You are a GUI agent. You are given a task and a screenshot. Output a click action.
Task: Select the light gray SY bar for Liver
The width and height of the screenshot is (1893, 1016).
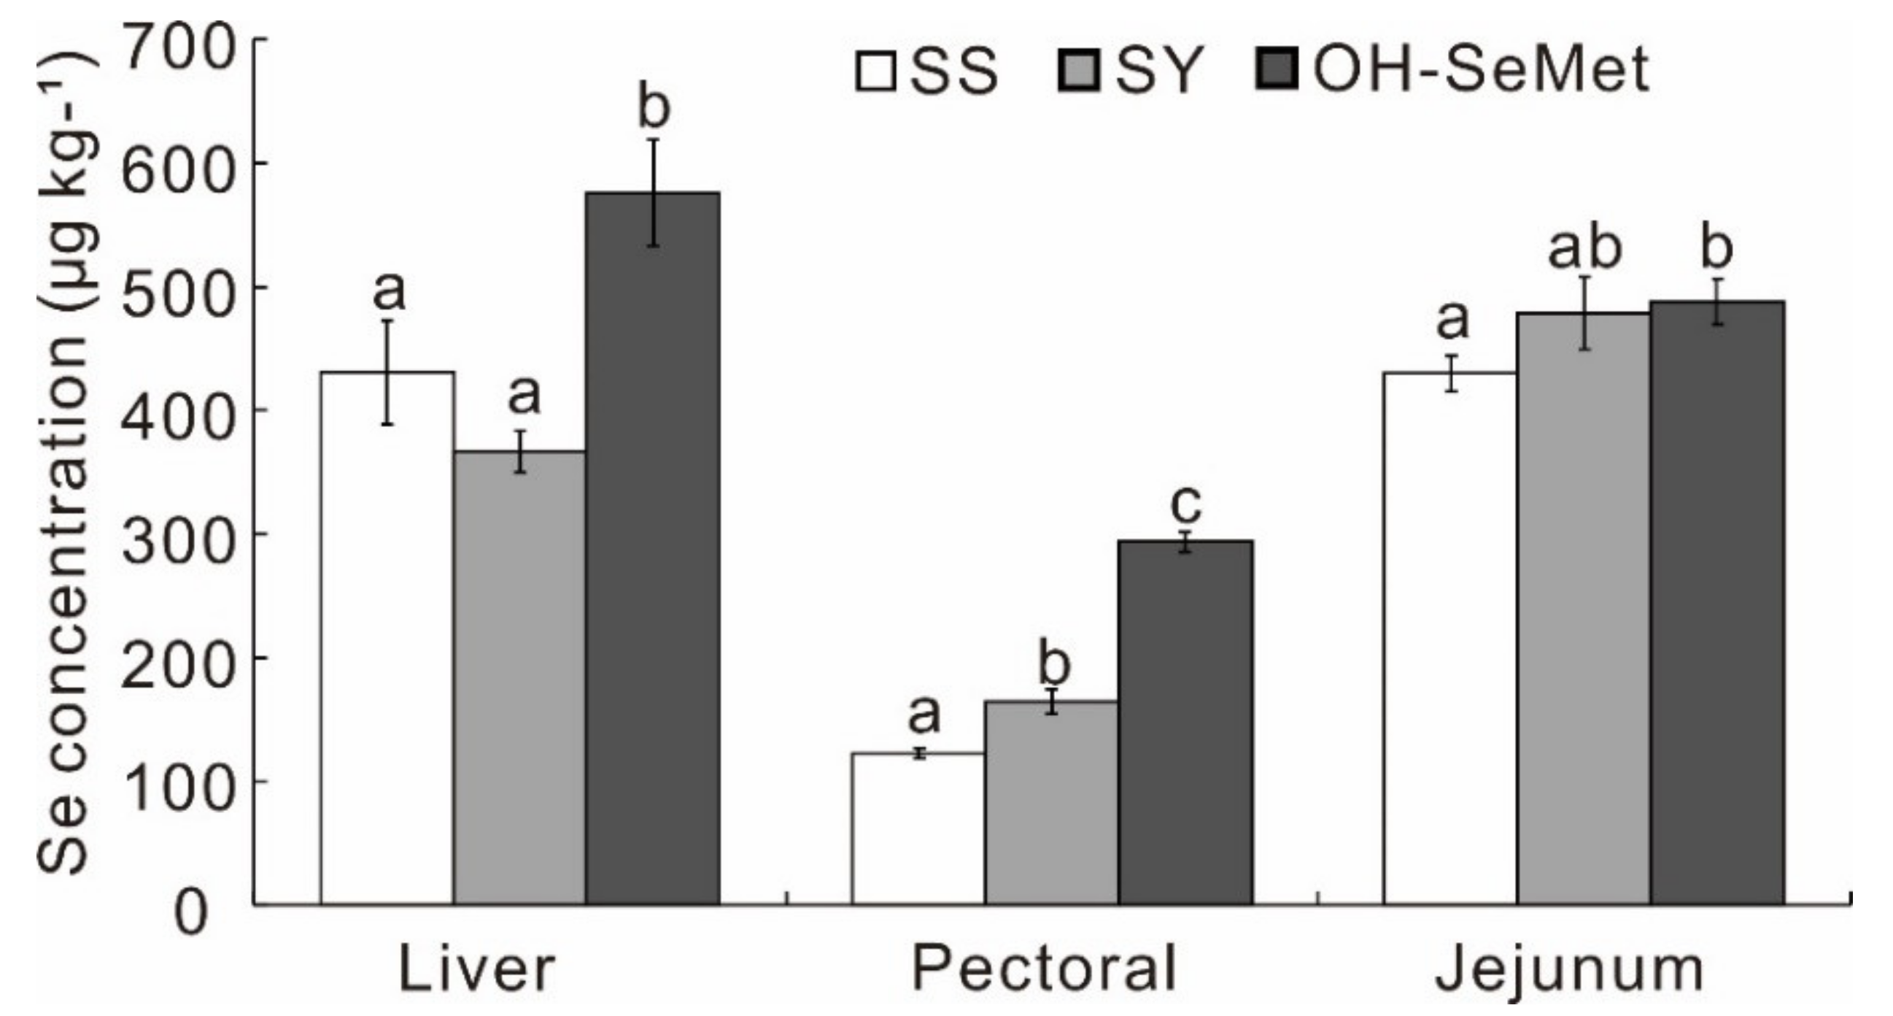(x=520, y=677)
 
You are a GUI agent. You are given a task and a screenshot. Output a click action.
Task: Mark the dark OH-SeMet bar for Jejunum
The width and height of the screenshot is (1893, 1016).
(x=1717, y=603)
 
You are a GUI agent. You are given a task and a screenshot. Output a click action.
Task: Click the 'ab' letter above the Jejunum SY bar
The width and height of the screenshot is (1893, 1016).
(x=1585, y=249)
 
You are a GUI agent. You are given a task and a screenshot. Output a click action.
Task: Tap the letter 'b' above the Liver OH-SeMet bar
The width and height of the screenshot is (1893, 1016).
(x=654, y=107)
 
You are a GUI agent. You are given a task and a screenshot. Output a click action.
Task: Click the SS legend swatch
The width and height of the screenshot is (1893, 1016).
(x=875, y=71)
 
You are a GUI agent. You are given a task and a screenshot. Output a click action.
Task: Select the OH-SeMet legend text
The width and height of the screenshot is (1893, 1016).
(x=1481, y=71)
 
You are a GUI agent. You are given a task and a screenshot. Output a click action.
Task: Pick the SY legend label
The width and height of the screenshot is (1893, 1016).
(x=1161, y=71)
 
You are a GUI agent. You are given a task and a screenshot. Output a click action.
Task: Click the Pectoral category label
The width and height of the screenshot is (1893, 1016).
(x=1043, y=970)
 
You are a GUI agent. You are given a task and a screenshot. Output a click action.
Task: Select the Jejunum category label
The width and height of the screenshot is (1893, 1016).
(x=1569, y=970)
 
